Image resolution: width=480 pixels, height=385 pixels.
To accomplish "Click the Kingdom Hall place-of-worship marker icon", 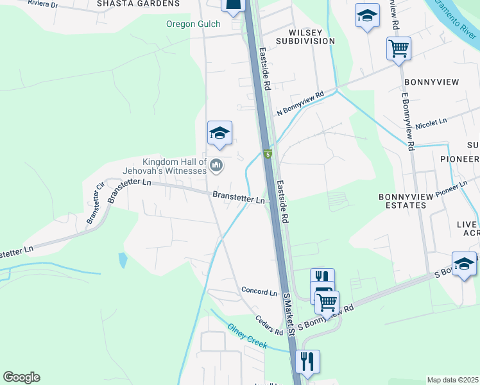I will (x=216, y=166).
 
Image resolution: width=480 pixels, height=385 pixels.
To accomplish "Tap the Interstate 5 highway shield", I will (x=269, y=154).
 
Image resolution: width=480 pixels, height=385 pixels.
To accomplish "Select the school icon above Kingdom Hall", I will (x=219, y=133).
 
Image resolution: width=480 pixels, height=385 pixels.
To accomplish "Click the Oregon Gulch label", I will (x=193, y=24).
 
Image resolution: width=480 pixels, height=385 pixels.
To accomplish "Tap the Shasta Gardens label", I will (x=138, y=3).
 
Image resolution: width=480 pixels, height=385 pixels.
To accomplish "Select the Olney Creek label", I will (x=247, y=336).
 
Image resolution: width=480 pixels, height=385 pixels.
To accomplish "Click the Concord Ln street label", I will (x=259, y=291).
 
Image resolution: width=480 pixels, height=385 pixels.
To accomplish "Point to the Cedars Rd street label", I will (x=269, y=325).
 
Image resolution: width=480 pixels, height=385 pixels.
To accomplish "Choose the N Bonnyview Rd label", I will (x=300, y=103).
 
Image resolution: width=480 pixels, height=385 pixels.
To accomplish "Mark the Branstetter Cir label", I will (x=96, y=203).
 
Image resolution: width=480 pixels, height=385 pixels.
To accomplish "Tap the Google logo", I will (x=21, y=377).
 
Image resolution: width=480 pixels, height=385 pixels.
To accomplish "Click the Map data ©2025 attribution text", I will (x=452, y=380).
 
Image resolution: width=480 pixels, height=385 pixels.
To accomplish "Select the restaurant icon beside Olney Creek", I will (x=309, y=361).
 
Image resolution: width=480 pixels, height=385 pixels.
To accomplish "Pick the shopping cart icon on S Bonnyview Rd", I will (x=327, y=302).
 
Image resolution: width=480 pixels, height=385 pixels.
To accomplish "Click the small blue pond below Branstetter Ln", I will (x=123, y=260).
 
